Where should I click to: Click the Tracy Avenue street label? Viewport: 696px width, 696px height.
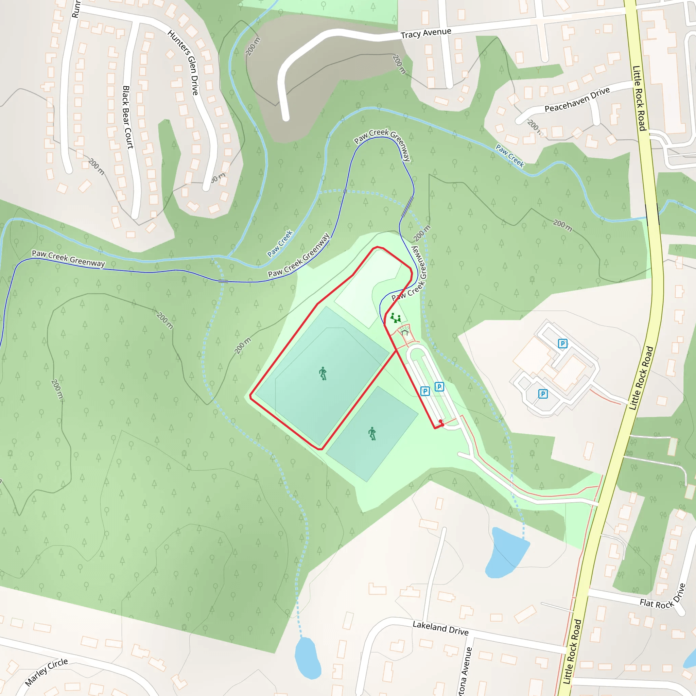[426, 34]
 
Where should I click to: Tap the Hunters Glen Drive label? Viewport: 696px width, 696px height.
[183, 62]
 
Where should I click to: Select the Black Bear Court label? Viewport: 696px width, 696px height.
[128, 117]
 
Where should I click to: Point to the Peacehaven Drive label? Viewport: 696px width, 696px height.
[577, 100]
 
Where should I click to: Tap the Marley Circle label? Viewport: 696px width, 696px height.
[47, 672]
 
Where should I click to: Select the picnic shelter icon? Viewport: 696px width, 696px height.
[405, 331]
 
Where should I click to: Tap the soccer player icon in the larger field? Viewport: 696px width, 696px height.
[323, 373]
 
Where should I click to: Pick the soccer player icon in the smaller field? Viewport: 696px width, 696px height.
[372, 433]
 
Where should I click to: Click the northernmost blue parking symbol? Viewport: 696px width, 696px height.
[562, 343]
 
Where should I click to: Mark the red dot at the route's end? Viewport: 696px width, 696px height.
[440, 421]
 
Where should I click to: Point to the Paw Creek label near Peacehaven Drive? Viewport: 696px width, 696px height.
[510, 155]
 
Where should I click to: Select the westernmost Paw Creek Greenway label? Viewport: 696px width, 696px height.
[68, 259]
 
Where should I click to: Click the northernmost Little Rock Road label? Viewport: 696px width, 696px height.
[639, 98]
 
